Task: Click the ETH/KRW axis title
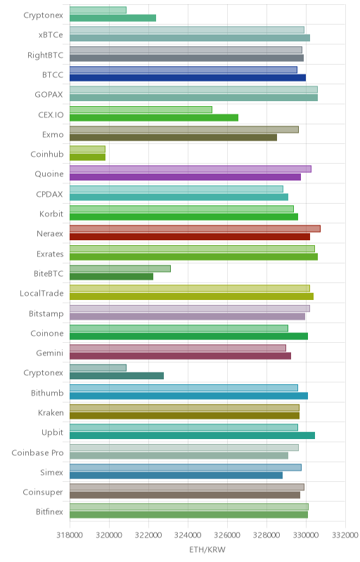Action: pyautogui.click(x=207, y=549)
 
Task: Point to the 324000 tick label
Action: pyautogui.click(x=188, y=535)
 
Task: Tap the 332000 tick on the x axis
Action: pyautogui.click(x=345, y=535)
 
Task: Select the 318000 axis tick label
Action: pyautogui.click(x=70, y=535)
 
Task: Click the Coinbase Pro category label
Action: pyautogui.click(x=37, y=452)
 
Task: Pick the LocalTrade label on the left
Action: pyautogui.click(x=41, y=293)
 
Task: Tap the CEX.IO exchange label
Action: pyautogui.click(x=51, y=115)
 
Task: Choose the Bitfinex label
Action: pyautogui.click(x=49, y=512)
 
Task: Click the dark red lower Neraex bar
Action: pyautogui.click(x=190, y=237)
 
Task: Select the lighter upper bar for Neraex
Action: pyautogui.click(x=195, y=229)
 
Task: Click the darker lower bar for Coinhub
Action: pyautogui.click(x=87, y=157)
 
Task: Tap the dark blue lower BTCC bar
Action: pyautogui.click(x=188, y=77)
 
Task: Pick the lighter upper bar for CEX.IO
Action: pyautogui.click(x=141, y=110)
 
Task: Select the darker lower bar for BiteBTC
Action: pyautogui.click(x=111, y=276)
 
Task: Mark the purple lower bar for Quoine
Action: pyautogui.click(x=185, y=177)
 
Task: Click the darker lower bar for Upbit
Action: pyautogui.click(x=192, y=436)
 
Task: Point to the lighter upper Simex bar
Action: pyautogui.click(x=186, y=467)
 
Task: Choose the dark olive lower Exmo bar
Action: pyautogui.click(x=173, y=137)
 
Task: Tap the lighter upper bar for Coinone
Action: pyautogui.click(x=179, y=328)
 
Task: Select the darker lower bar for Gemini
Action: pyautogui.click(x=181, y=356)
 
